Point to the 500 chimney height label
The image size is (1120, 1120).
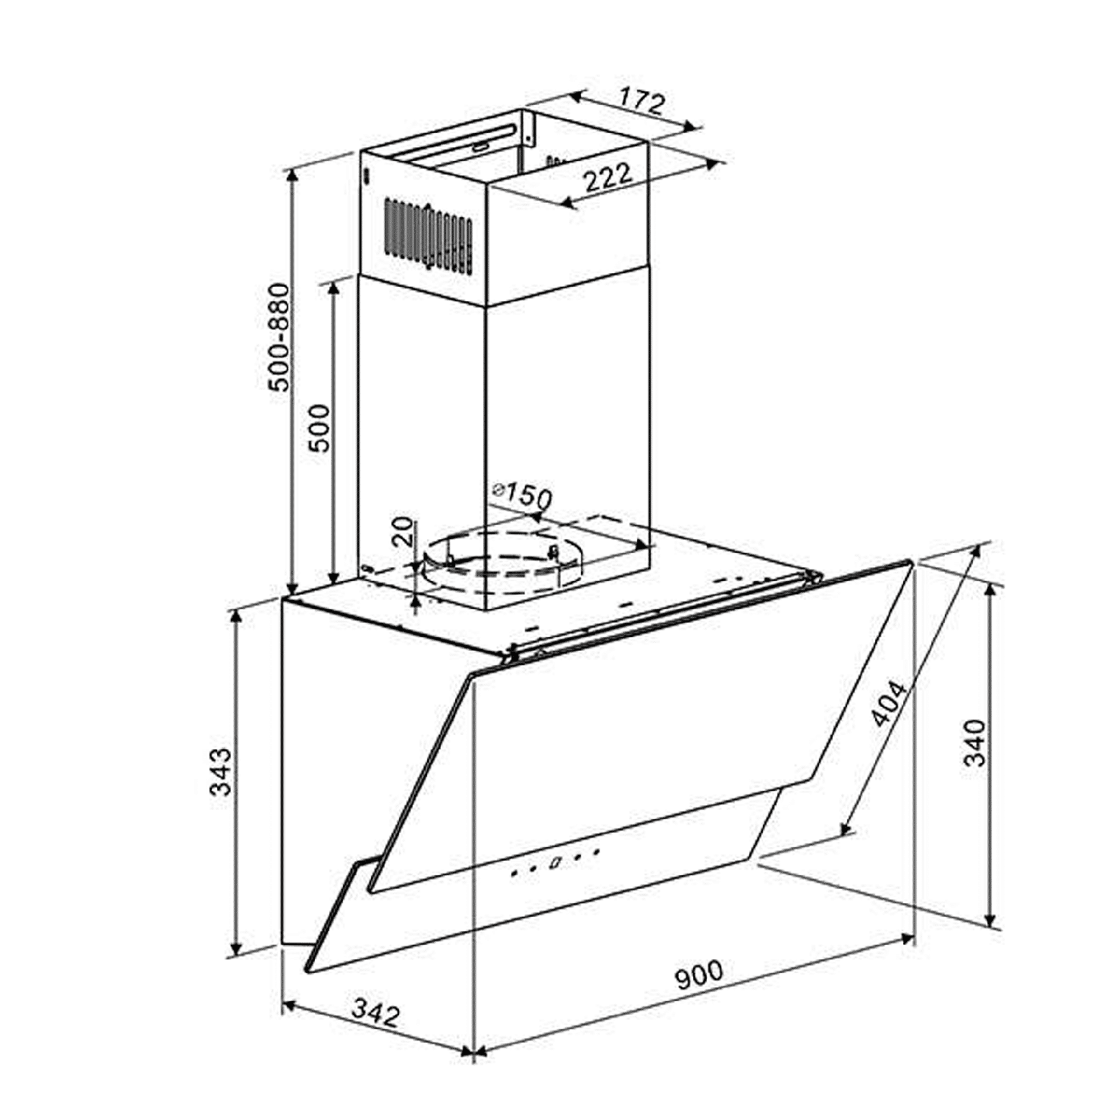click(320, 428)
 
